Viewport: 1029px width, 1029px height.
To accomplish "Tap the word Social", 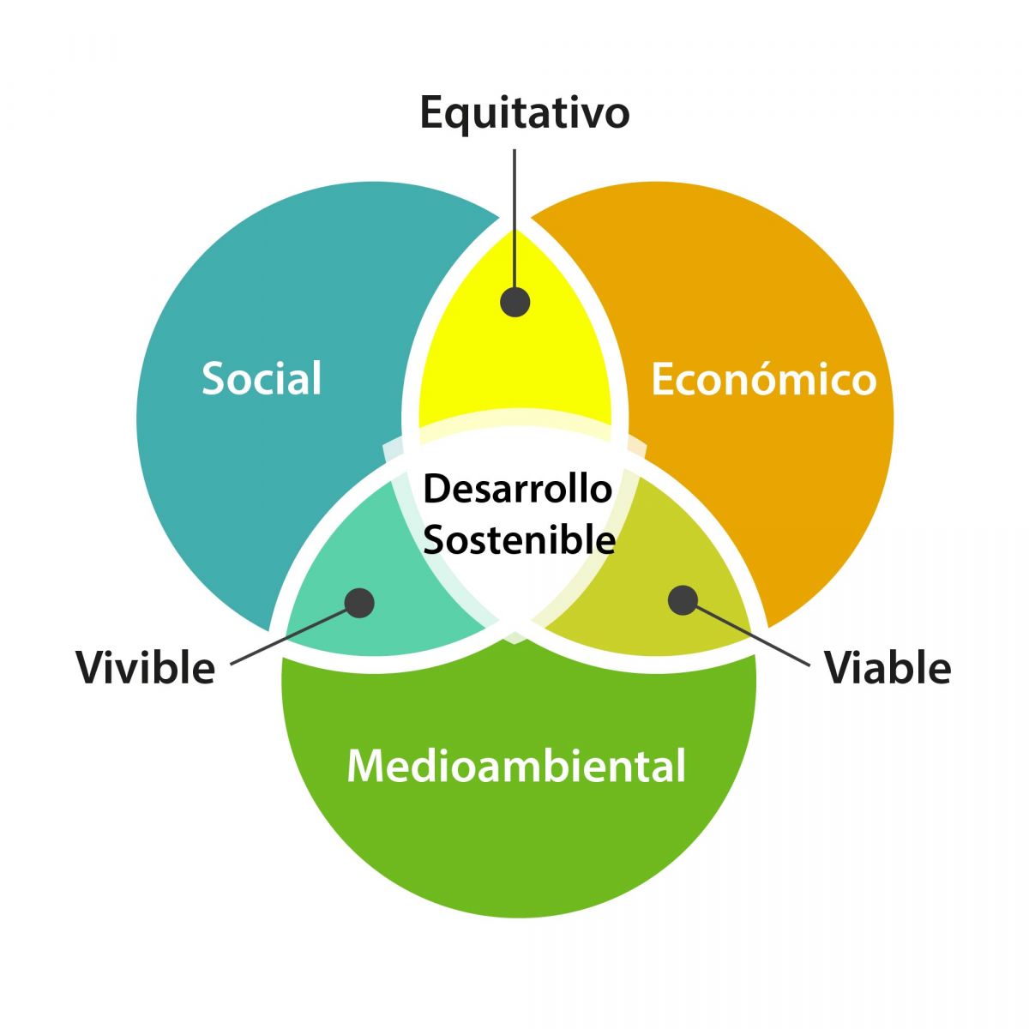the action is (x=262, y=378).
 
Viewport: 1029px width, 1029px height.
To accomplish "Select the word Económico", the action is (x=764, y=378).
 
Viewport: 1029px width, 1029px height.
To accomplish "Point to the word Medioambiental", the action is (x=516, y=766).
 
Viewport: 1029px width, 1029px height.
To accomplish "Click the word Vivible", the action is (x=145, y=667).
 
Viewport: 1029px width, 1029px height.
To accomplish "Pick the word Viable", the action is (x=888, y=667).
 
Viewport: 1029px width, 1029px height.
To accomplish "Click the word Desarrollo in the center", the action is (x=517, y=489).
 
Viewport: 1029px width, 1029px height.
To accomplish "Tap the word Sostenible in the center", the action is (x=519, y=539).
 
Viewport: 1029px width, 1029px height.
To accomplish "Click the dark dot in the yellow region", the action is (x=514, y=302).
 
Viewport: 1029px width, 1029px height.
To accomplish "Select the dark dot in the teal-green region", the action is (x=359, y=604).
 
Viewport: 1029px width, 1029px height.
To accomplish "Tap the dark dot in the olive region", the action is (x=683, y=600).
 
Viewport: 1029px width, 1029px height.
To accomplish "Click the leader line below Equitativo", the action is (x=514, y=219).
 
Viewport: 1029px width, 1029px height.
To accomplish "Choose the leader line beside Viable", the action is (x=753, y=636).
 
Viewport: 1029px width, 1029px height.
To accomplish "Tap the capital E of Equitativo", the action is (x=432, y=112).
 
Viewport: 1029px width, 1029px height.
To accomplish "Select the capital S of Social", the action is (x=213, y=378).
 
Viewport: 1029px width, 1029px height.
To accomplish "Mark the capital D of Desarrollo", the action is (x=436, y=489).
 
